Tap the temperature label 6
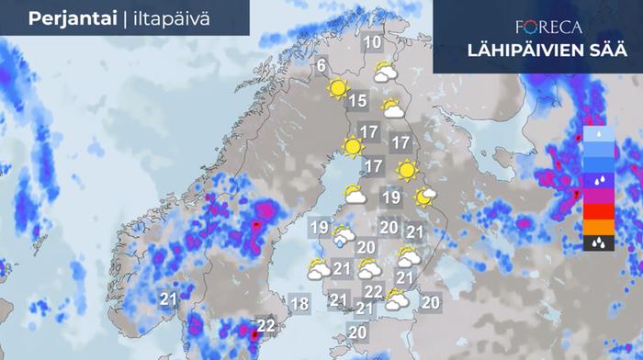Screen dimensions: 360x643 point(321,66)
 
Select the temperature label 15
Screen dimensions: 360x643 point(357,101)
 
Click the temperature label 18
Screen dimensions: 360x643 point(299,304)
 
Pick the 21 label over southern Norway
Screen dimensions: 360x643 point(168,299)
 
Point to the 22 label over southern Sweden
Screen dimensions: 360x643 point(266,325)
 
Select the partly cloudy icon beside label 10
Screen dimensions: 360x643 point(385,71)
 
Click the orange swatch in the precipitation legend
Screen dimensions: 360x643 point(597,227)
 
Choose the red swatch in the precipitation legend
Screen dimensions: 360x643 point(597,211)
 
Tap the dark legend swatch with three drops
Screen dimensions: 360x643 point(597,243)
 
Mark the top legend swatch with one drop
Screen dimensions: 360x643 point(597,133)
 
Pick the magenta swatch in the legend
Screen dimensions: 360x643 point(597,196)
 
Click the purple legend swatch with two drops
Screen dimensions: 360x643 point(597,180)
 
